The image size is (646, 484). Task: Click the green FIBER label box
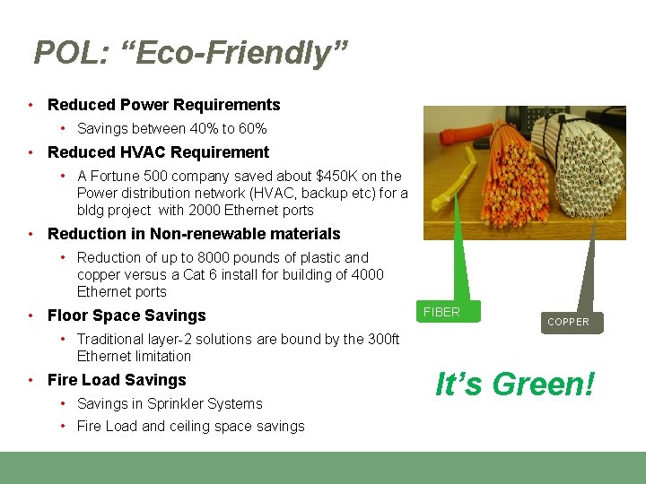(x=449, y=312)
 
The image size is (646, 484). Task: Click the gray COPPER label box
(x=568, y=322)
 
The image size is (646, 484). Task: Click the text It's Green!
(x=515, y=385)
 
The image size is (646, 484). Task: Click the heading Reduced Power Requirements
(x=163, y=105)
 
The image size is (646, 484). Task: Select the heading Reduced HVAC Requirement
(x=158, y=152)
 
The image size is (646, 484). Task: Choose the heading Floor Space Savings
(x=127, y=315)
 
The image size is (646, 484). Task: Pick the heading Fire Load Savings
(x=117, y=380)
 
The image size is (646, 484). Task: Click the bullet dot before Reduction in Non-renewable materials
(x=31, y=234)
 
